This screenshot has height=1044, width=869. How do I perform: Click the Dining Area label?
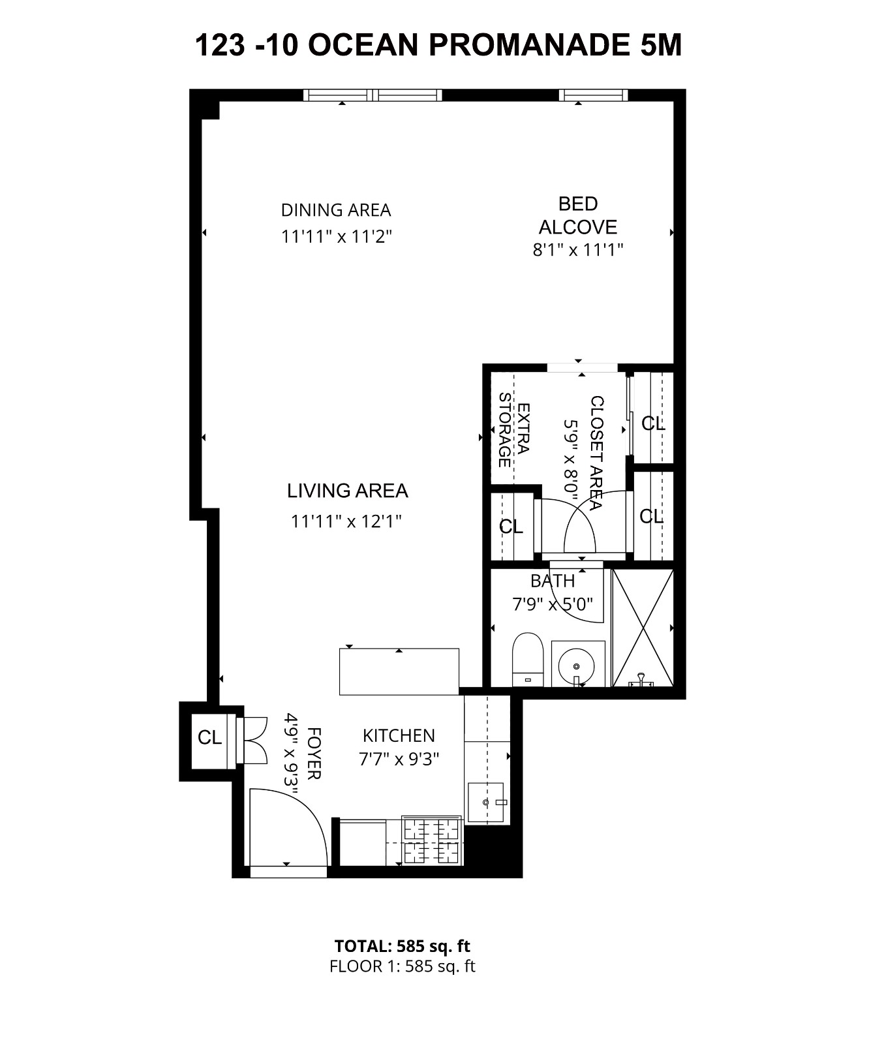click(x=336, y=210)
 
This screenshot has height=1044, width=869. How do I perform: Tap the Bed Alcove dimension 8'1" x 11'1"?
click(x=578, y=250)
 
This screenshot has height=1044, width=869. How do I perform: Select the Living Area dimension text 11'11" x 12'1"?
click(x=346, y=521)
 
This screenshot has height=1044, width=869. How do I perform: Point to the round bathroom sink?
click(x=577, y=665)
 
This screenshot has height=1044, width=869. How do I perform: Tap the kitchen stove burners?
click(x=433, y=840)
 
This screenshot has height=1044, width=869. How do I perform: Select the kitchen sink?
click(x=485, y=802)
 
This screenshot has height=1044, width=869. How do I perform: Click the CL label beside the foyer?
click(x=209, y=738)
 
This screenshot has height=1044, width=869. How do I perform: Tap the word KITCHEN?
click(x=399, y=736)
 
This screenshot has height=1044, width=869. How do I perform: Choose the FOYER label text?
click(x=313, y=753)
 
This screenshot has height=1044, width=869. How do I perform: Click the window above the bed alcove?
click(x=593, y=95)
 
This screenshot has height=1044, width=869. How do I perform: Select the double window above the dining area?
click(x=373, y=95)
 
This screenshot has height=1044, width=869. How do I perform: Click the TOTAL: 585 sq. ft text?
click(x=402, y=946)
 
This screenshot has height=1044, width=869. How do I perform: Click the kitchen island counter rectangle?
click(x=399, y=671)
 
